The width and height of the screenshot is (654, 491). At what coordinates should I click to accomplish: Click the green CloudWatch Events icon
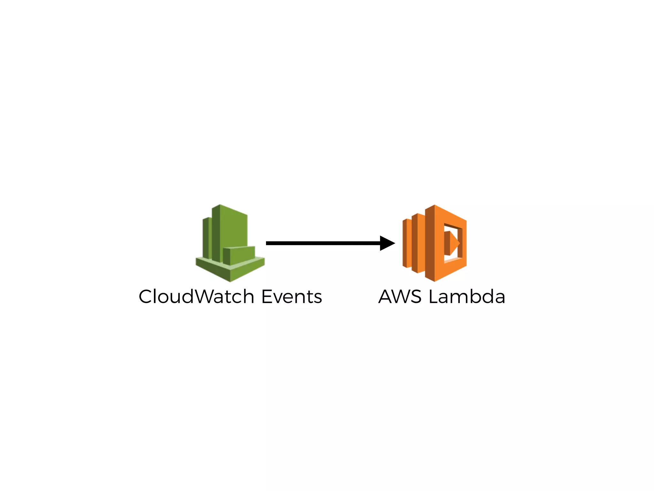click(x=230, y=243)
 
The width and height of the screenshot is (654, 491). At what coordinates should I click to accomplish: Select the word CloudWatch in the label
click(x=197, y=297)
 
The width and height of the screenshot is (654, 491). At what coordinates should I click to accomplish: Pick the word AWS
click(x=400, y=297)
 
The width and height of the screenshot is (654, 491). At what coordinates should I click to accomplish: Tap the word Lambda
click(x=467, y=297)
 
